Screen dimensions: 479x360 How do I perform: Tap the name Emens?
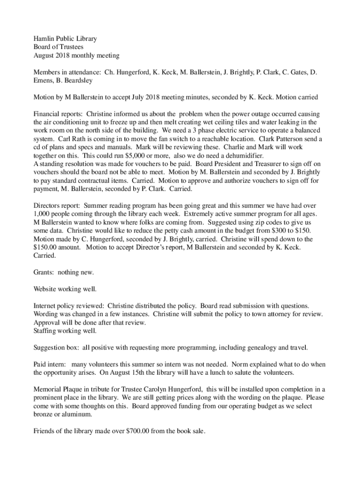click(x=44, y=80)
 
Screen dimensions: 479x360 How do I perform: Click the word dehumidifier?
click(x=242, y=156)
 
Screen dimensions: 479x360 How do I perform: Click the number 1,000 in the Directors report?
click(x=43, y=214)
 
